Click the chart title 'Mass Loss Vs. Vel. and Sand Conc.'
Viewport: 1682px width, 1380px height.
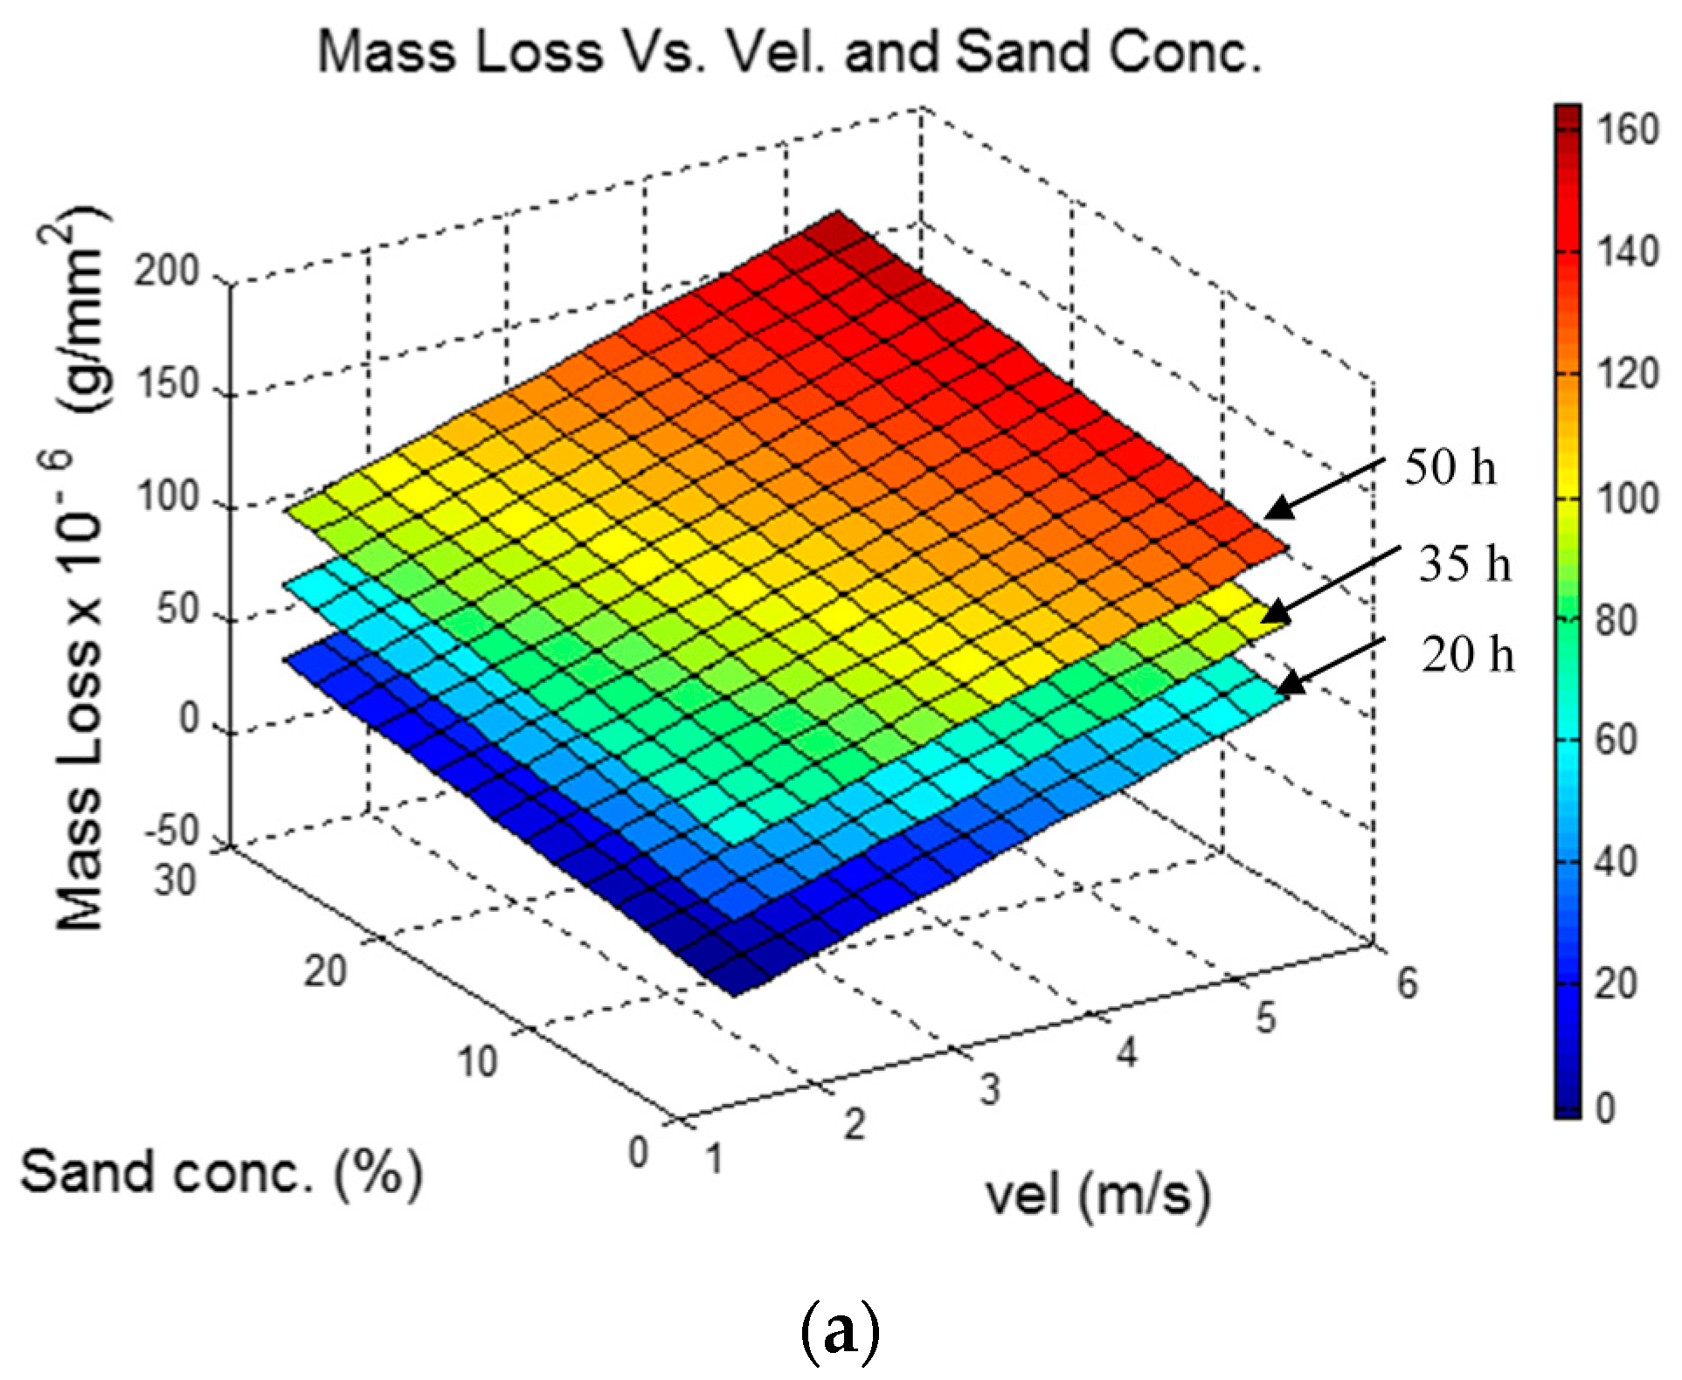(x=790, y=52)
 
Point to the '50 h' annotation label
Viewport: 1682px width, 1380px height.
(x=1450, y=468)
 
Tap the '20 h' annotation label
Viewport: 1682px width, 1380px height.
(x=1467, y=655)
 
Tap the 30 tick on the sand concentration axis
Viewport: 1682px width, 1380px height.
(x=175, y=880)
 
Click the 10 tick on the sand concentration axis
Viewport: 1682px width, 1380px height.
(x=476, y=1062)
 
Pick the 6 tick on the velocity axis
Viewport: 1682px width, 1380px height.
(x=1407, y=983)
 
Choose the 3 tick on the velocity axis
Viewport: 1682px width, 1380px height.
(x=988, y=1089)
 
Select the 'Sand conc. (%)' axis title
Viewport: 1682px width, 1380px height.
(x=221, y=1173)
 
